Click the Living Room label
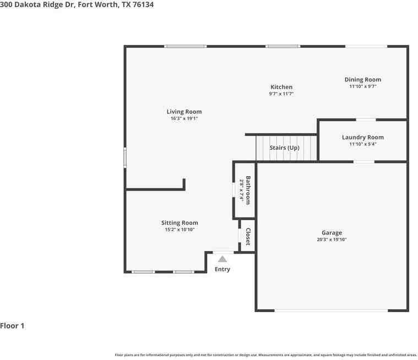pyautogui.click(x=184, y=112)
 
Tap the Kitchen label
pyautogui.click(x=281, y=87)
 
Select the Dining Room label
pyautogui.click(x=362, y=80)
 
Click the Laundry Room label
pyautogui.click(x=362, y=137)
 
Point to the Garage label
pyautogui.click(x=332, y=233)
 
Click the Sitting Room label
pyautogui.click(x=180, y=223)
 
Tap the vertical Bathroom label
pyautogui.click(x=248, y=190)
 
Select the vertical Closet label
pyautogui.click(x=248, y=237)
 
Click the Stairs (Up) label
pyautogui.click(x=284, y=148)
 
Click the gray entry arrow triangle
pyautogui.click(x=222, y=259)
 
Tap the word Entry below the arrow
pyautogui.click(x=222, y=269)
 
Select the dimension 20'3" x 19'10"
pyautogui.click(x=332, y=239)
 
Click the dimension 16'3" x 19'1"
pyautogui.click(x=184, y=118)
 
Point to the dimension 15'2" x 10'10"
pyautogui.click(x=180, y=230)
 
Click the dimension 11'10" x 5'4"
pyautogui.click(x=362, y=144)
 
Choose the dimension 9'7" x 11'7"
pyautogui.click(x=281, y=94)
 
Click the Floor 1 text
pyautogui.click(x=13, y=326)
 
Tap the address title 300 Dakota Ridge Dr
pyautogui.click(x=39, y=4)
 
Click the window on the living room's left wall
pyautogui.click(x=125, y=157)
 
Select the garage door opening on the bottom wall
pyautogui.click(x=331, y=310)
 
